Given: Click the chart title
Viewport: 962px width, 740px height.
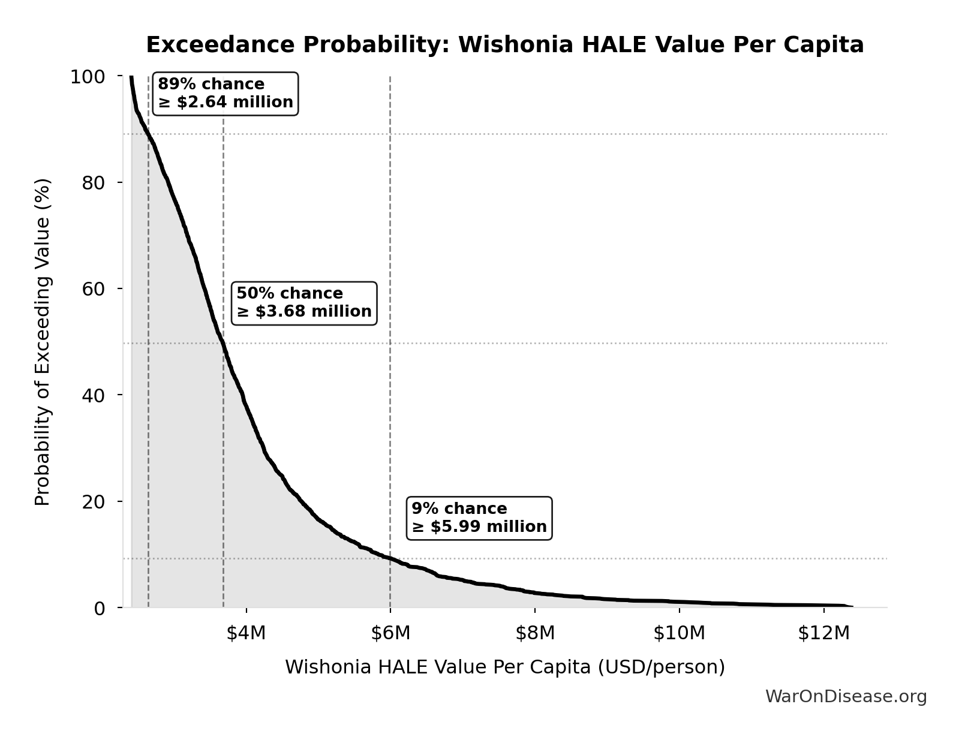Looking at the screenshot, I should tap(504, 45).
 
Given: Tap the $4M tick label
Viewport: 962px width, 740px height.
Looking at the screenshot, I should tap(246, 633).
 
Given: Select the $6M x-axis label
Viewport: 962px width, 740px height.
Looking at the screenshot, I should tap(390, 633).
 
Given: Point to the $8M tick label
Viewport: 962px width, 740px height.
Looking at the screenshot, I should tap(535, 633).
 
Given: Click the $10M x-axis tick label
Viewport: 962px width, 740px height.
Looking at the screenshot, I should tap(680, 633).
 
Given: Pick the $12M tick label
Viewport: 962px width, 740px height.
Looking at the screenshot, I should tap(823, 633).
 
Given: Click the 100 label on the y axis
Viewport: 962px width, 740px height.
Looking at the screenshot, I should tap(88, 77).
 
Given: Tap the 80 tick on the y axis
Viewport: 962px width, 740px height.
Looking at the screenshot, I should tap(94, 183).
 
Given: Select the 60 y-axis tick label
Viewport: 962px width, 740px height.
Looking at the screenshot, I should tap(94, 289).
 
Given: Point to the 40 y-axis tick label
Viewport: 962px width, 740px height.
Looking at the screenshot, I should tap(94, 395).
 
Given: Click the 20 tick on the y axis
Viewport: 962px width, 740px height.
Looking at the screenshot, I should tap(94, 501).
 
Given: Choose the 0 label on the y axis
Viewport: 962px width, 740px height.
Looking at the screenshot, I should tap(100, 608).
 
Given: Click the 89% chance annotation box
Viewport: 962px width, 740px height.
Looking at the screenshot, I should tap(226, 94).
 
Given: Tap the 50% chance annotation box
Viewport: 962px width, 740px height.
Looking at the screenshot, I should tap(304, 303).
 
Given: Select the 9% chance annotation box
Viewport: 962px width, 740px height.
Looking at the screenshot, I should tap(479, 518).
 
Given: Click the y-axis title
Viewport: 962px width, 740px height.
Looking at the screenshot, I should tap(43, 342).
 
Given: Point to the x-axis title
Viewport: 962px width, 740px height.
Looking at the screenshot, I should tap(504, 667).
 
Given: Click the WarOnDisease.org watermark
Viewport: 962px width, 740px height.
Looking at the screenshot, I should tap(846, 697).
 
